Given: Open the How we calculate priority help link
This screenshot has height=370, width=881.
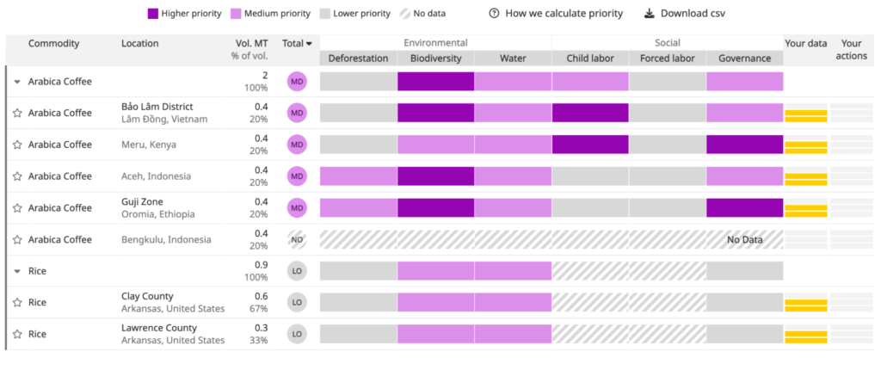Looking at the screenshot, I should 556,14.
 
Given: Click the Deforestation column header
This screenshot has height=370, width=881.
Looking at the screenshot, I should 358,59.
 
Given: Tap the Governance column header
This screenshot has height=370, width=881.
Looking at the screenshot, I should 744,59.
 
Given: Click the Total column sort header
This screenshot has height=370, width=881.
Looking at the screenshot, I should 297,43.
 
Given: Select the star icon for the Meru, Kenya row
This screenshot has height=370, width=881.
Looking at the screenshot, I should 16,145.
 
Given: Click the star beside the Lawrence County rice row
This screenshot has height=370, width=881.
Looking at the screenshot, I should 16,334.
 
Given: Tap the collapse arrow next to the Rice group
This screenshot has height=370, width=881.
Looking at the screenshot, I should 17,271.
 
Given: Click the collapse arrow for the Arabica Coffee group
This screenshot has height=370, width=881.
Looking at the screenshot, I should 17,82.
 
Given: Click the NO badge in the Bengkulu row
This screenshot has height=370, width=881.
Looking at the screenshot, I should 297,239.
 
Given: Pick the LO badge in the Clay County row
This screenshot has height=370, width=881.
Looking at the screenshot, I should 297,302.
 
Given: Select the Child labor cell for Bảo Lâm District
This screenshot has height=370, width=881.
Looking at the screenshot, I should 590,113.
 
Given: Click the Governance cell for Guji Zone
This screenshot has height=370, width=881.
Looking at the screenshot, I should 744,207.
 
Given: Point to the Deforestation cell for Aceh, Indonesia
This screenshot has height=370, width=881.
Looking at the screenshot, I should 358,176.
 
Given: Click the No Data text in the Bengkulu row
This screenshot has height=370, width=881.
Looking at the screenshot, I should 744,239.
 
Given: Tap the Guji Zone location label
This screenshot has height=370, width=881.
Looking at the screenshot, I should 142,202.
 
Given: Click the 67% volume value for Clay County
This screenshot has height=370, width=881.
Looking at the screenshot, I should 258,309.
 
